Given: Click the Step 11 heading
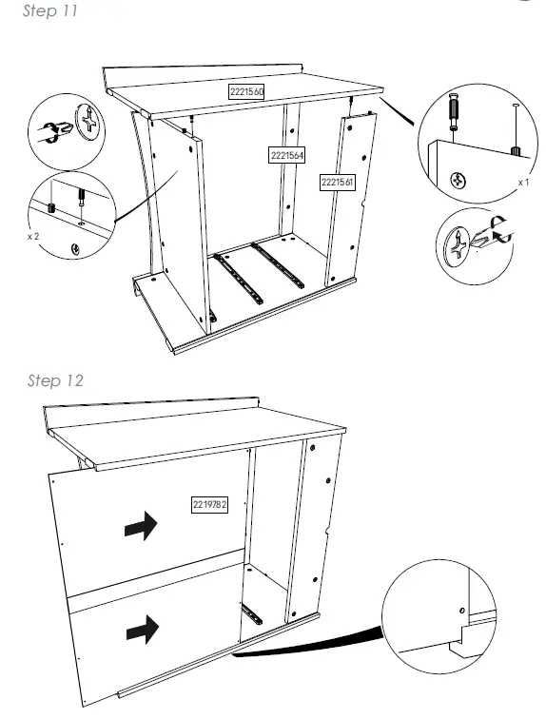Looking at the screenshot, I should point(49,12).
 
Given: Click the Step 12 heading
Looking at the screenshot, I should point(55,380).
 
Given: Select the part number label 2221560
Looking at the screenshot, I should point(245,91).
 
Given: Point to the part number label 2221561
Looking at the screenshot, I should point(337,182).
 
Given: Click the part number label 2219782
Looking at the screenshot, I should point(208,503).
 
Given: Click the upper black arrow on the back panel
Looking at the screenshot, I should point(141,528).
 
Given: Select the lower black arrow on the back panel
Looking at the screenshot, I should point(141,628).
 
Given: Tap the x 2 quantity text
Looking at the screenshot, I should point(33,234).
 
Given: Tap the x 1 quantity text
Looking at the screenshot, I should point(522,181).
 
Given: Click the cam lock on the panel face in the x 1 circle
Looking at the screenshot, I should point(457,178).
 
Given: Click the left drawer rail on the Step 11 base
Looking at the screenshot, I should point(238,278).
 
